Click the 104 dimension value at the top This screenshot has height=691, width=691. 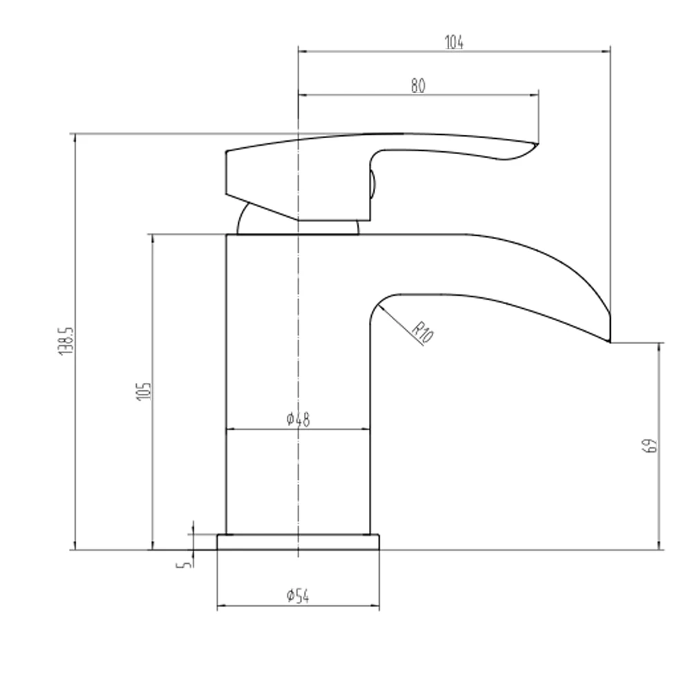(454, 42)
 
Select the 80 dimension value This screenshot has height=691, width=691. (418, 86)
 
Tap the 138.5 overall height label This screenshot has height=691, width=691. (66, 341)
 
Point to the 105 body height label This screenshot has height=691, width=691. (144, 391)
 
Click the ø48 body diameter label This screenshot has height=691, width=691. (297, 419)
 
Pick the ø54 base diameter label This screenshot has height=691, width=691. (297, 596)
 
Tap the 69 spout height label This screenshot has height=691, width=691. (650, 446)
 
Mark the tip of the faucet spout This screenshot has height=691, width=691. (609, 340)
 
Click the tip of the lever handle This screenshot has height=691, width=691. (536, 144)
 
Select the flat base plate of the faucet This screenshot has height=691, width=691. (299, 542)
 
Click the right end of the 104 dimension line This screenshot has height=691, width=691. (609, 50)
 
